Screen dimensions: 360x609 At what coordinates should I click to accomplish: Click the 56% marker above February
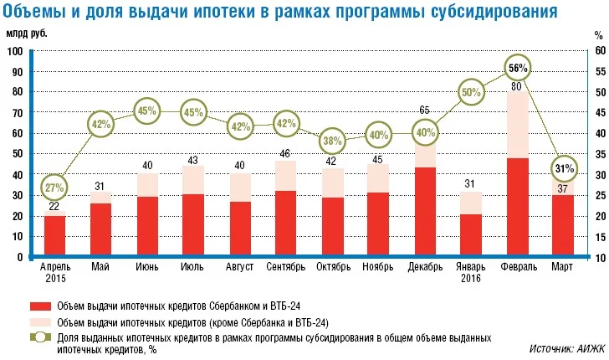(517, 68)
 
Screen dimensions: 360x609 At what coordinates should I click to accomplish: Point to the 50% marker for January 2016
(471, 92)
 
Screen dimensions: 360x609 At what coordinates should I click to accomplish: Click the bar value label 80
(517, 86)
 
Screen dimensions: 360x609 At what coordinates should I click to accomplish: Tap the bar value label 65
(425, 110)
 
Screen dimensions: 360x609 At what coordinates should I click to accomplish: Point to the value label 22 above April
(54, 207)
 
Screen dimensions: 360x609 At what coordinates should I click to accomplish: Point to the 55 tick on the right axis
(598, 72)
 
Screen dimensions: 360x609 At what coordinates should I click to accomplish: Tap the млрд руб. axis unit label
(28, 33)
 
